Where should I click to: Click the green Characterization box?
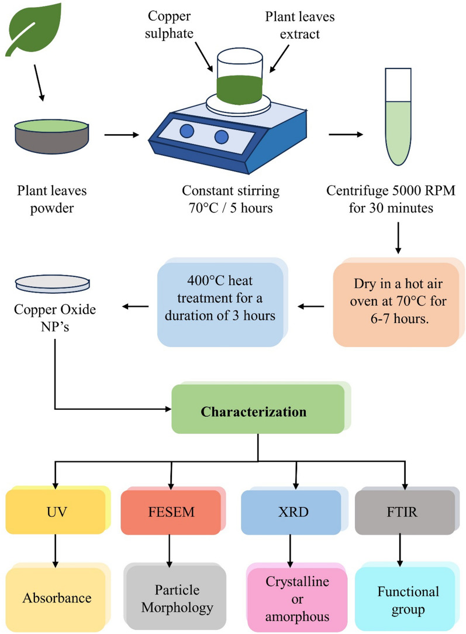(x=257, y=412)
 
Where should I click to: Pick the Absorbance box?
(x=56, y=598)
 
